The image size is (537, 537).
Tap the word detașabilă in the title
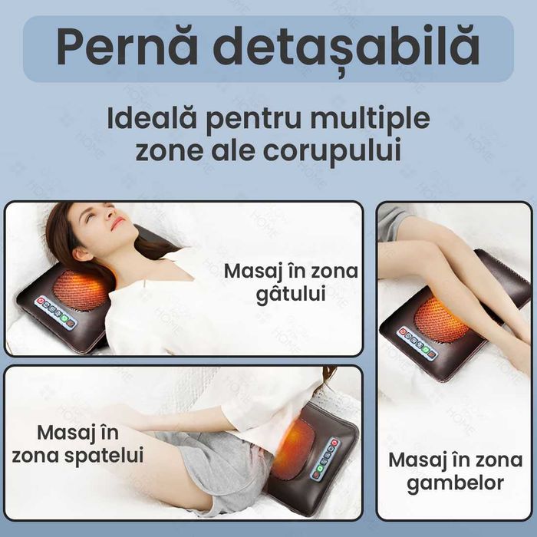(346, 48)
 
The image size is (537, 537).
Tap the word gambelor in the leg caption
(446, 483)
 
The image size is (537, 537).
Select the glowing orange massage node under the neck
(81, 289)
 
